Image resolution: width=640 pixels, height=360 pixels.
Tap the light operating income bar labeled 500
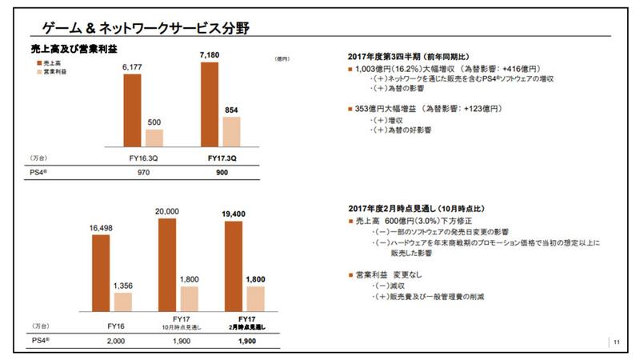(155, 138)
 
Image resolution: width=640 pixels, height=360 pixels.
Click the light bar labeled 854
(231, 131)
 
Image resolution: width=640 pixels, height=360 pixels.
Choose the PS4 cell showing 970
(144, 172)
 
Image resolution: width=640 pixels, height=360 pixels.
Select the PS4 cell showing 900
(222, 172)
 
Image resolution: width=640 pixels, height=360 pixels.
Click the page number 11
(617, 343)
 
